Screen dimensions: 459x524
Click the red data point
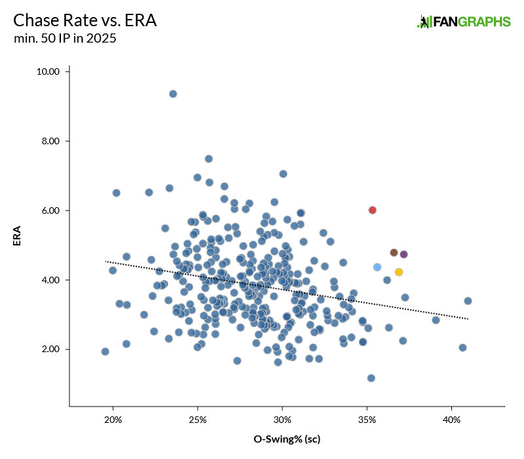pyautogui.click(x=372, y=210)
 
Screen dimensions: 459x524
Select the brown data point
pyautogui.click(x=394, y=252)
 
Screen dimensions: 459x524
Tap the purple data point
pyautogui.click(x=403, y=254)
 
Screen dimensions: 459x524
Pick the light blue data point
pyautogui.click(x=377, y=267)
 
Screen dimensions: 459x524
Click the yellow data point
pyautogui.click(x=398, y=272)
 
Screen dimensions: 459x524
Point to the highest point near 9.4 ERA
pyautogui.click(x=173, y=94)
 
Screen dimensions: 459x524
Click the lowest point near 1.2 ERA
pyautogui.click(x=371, y=378)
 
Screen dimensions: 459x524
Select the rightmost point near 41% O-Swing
pyautogui.click(x=468, y=301)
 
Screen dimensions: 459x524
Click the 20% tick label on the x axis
pyautogui.click(x=113, y=419)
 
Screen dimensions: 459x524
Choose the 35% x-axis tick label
pyautogui.click(x=367, y=419)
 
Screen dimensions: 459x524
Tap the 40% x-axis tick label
pyautogui.click(x=451, y=419)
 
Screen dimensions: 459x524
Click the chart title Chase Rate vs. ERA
pyautogui.click(x=85, y=20)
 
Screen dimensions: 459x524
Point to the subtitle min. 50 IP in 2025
pyautogui.click(x=65, y=39)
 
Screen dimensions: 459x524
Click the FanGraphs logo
pyautogui.click(x=464, y=22)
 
